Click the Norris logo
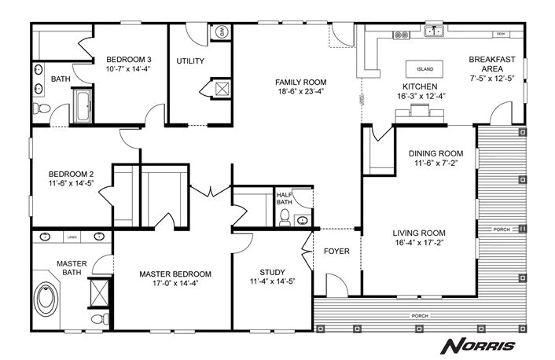point(477,345)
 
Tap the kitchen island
point(425,68)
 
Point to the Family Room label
point(299,81)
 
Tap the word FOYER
point(336,252)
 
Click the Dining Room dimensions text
point(436,163)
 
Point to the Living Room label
point(420,233)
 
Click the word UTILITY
point(190,61)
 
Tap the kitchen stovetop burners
point(402,34)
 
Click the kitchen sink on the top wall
point(432,32)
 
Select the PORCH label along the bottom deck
point(420,317)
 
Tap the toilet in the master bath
point(96,318)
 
